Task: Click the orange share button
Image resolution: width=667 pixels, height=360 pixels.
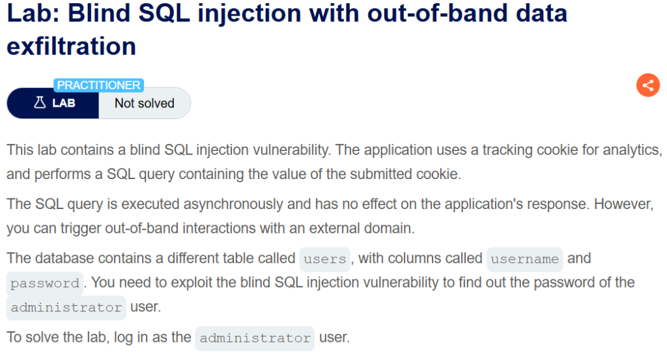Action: [x=647, y=85]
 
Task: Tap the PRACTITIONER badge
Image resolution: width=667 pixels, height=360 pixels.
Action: [x=98, y=85]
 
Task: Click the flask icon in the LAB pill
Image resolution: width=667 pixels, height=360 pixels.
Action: [x=39, y=103]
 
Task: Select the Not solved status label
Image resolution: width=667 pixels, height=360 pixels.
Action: [x=144, y=103]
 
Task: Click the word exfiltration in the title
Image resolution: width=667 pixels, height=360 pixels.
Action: [x=72, y=46]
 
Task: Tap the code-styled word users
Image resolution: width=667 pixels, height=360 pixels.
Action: [x=325, y=259]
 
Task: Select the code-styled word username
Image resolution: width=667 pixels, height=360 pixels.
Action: [x=524, y=259]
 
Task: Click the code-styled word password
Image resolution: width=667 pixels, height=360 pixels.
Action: [x=45, y=284]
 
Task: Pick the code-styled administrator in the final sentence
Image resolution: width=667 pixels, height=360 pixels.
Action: [x=255, y=339]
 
